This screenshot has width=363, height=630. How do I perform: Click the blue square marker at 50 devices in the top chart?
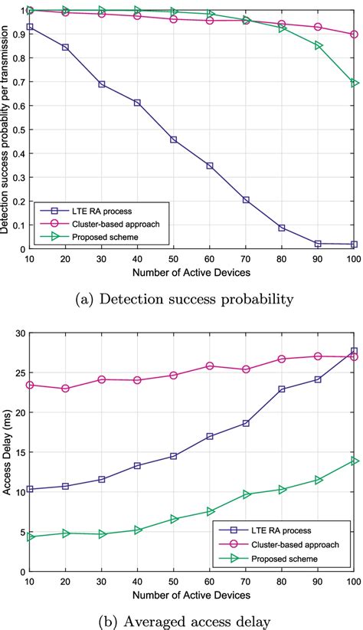pyautogui.click(x=174, y=139)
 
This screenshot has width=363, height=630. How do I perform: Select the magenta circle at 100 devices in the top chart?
pyautogui.click(x=354, y=34)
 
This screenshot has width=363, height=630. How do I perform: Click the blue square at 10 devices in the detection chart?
pyautogui.click(x=30, y=27)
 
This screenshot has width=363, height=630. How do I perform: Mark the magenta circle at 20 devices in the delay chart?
pyautogui.click(x=66, y=389)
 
